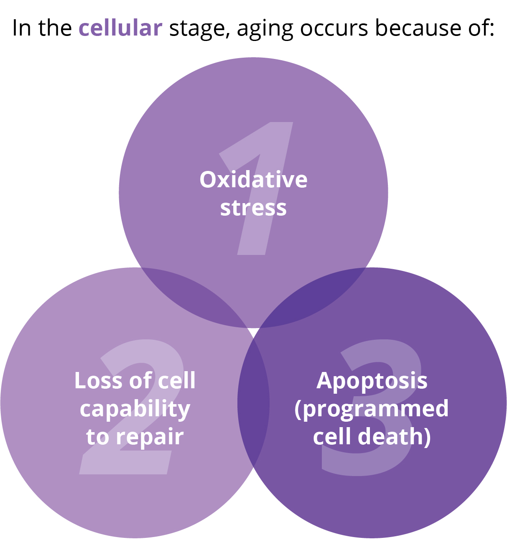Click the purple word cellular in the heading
pyautogui.click(x=120, y=28)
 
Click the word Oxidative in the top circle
pyautogui.click(x=253, y=179)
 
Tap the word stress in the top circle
pyautogui.click(x=253, y=208)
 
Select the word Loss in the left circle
pyautogui.click(x=98, y=380)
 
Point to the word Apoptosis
pyautogui.click(x=372, y=382)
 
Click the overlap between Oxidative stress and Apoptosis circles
pyautogui.click(x=313, y=297)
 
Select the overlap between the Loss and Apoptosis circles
pyautogui.click(x=253, y=403)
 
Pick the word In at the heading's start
pyautogui.click(x=21, y=28)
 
